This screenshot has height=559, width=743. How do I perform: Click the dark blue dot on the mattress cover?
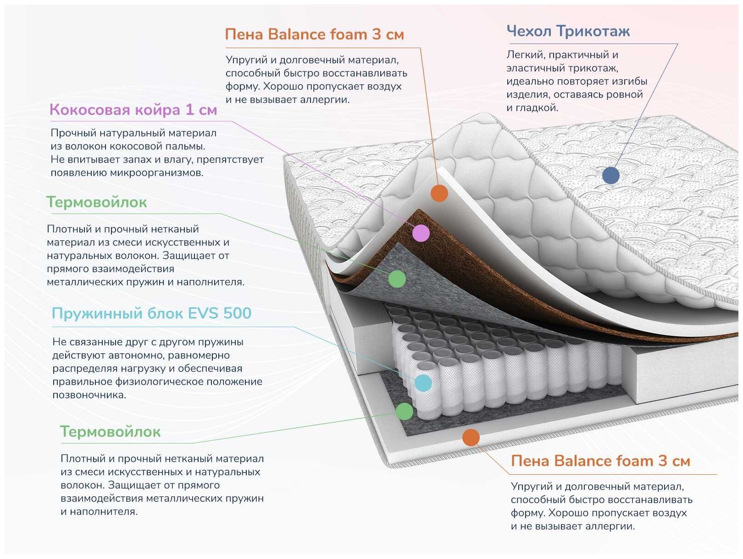pyautogui.click(x=610, y=175)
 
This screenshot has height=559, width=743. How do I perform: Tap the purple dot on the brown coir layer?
pyautogui.click(x=421, y=233)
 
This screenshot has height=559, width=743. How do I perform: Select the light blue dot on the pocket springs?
pyautogui.click(x=423, y=383)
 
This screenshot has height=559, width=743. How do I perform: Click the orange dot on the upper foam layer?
pyautogui.click(x=439, y=193)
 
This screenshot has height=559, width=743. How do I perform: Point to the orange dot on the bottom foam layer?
pyautogui.click(x=471, y=438)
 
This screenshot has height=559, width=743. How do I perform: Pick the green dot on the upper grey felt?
pyautogui.click(x=397, y=279)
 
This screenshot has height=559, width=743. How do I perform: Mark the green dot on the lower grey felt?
pyautogui.click(x=404, y=411)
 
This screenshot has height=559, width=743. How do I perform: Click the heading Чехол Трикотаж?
pyautogui.click(x=568, y=31)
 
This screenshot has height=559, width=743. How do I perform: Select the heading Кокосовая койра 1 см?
pyautogui.click(x=133, y=110)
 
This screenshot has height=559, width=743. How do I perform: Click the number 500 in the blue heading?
pyautogui.click(x=237, y=313)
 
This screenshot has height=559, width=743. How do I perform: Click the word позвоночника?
pyautogui.click(x=89, y=395)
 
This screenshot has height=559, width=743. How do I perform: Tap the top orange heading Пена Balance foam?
pyautogui.click(x=314, y=34)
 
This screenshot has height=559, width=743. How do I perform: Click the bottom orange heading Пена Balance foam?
pyautogui.click(x=600, y=461)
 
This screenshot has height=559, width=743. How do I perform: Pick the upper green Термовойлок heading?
pyautogui.click(x=97, y=202)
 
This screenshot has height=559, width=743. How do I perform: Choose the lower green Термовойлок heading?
pyautogui.click(x=110, y=432)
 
